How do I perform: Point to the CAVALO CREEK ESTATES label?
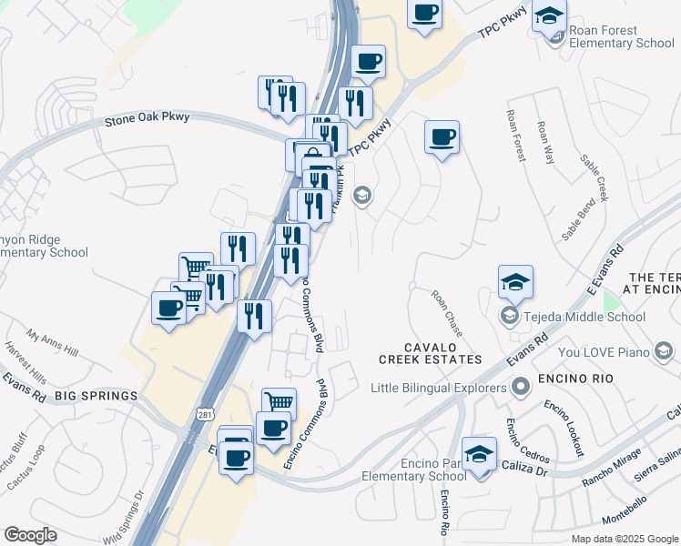click(431, 353)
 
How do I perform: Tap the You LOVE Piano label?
click(603, 351)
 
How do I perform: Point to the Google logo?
click(30, 535)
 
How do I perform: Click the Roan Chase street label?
click(447, 310)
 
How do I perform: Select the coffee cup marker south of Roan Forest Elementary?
click(442, 137)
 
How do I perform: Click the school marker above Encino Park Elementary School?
click(479, 452)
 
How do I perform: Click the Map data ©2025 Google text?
click(625, 539)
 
